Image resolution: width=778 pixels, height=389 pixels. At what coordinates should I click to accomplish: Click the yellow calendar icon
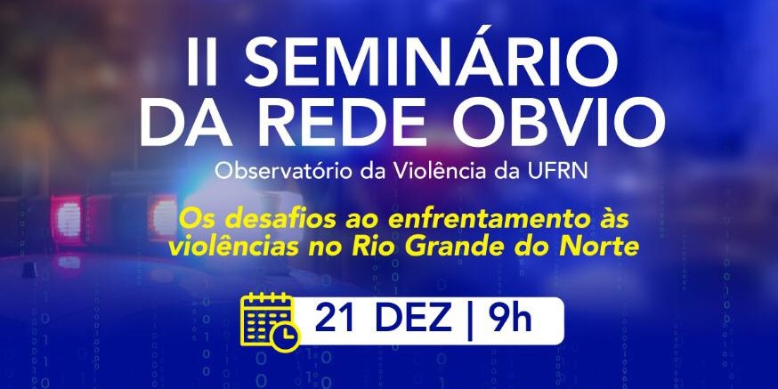tap(268, 319)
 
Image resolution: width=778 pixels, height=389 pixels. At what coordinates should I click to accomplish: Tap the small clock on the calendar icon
tap(286, 335)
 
